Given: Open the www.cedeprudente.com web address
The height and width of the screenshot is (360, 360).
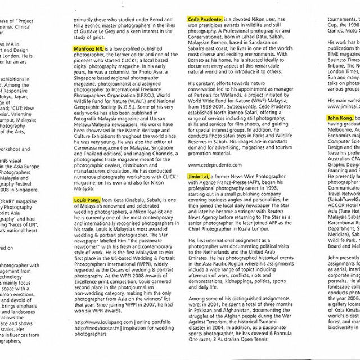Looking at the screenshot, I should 215,165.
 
